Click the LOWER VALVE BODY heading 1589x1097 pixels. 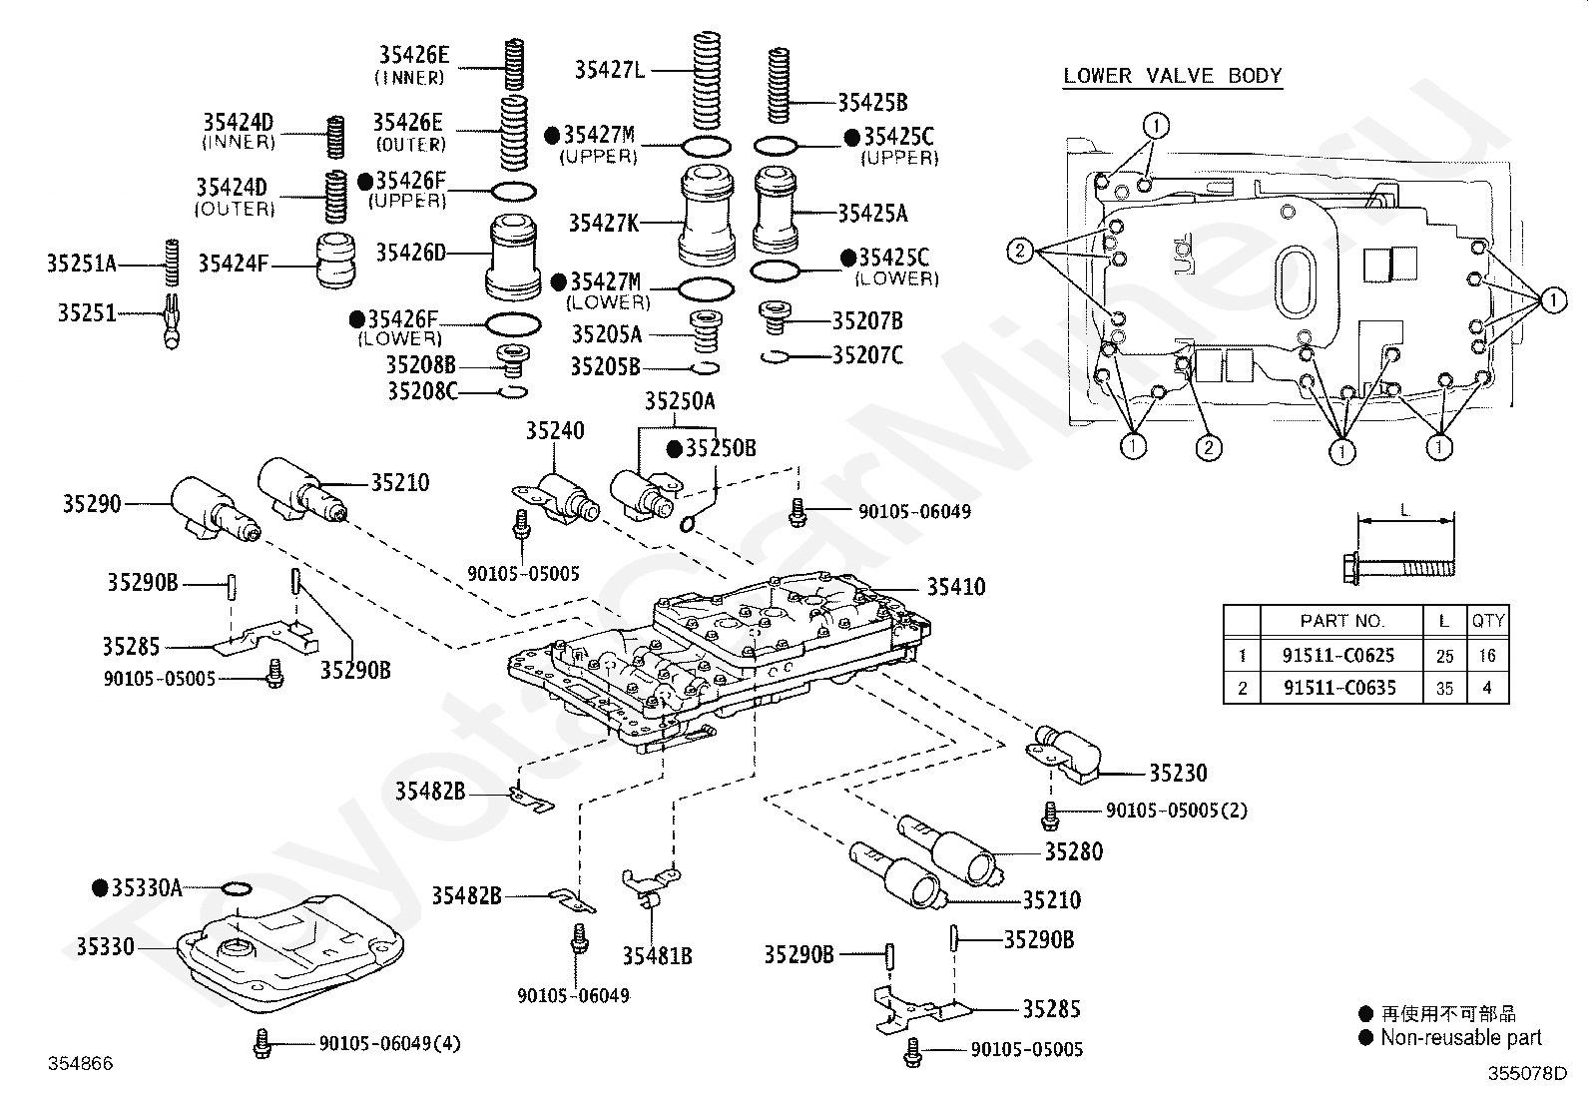pyautogui.click(x=1173, y=75)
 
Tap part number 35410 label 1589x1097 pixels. pyautogui.click(x=956, y=587)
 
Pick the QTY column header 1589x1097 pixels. pyautogui.click(x=1487, y=621)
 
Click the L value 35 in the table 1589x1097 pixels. pyautogui.click(x=1444, y=689)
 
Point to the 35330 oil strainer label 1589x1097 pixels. pyautogui.click(x=105, y=946)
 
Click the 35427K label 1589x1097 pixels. pyautogui.click(x=604, y=224)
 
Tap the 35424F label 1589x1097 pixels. pyautogui.click(x=233, y=264)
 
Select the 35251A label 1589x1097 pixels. pyautogui.click(x=82, y=264)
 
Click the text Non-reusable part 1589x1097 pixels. pyautogui.click(x=1461, y=1037)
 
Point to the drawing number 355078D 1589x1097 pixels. pyautogui.click(x=1527, y=1073)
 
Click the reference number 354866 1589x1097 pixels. pyautogui.click(x=80, y=1063)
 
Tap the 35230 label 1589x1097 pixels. pyautogui.click(x=1178, y=773)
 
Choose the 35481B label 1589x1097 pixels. pyautogui.click(x=657, y=956)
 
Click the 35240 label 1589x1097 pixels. pyautogui.click(x=555, y=430)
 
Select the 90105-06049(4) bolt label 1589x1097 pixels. pyautogui.click(x=389, y=1043)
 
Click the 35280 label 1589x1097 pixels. pyautogui.click(x=1074, y=851)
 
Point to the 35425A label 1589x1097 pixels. pyautogui.click(x=872, y=213)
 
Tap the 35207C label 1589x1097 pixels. pyautogui.click(x=866, y=354)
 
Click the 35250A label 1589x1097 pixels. pyautogui.click(x=680, y=401)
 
